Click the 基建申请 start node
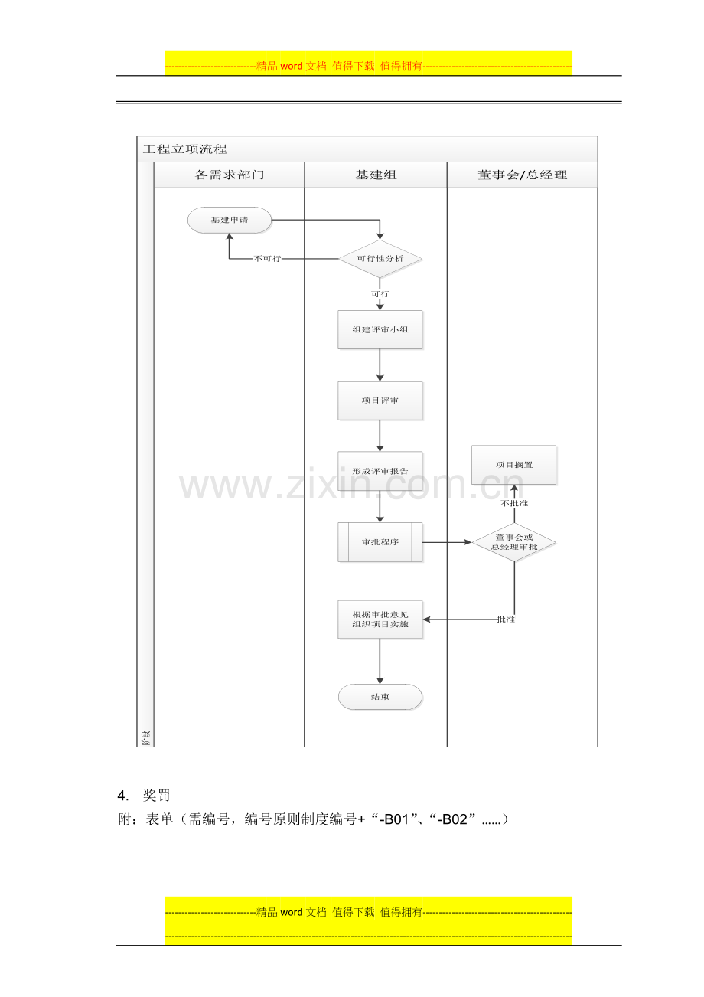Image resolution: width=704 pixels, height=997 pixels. pos(229,220)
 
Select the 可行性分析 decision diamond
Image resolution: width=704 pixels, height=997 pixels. pos(380,259)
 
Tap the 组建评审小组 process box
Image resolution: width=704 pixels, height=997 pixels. pos(380,329)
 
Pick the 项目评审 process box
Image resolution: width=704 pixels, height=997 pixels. pos(380,400)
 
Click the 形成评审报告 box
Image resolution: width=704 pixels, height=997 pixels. pos(380,471)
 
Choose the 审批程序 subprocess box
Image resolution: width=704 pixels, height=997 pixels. pos(380,542)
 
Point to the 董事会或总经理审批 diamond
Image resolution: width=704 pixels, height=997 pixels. pos(514,542)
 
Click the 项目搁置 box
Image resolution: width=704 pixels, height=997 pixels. pos(514,465)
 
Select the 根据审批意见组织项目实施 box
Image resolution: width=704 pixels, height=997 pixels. pos(380,619)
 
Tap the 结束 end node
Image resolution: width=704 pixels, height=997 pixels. pos(380,697)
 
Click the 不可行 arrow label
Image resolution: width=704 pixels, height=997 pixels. pos(267,259)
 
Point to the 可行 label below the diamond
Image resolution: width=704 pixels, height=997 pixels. pos(380,294)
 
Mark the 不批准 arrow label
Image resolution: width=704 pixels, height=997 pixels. pos(514,503)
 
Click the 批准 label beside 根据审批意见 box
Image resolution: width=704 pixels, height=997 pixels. pos(506,619)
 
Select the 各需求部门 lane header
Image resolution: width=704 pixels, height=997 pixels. pos(229,175)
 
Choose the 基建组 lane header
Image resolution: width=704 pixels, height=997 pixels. pos(376,175)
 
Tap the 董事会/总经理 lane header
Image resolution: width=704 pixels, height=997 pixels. pos(522,175)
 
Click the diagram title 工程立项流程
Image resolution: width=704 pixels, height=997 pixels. pos(185,149)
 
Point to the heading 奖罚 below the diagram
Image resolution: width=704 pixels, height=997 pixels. pos(156,796)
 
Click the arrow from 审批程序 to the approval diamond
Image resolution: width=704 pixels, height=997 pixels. pos(446,542)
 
